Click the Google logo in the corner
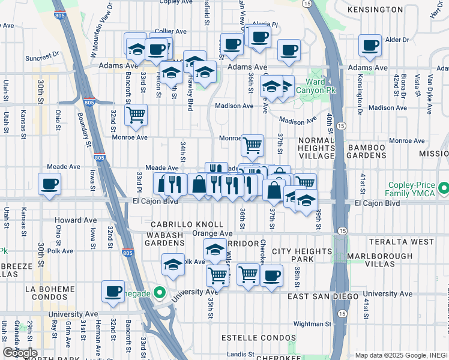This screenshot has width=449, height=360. point(20,353)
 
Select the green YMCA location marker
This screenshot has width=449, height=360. point(443,190)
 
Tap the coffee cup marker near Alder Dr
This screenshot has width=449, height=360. point(369,45)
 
